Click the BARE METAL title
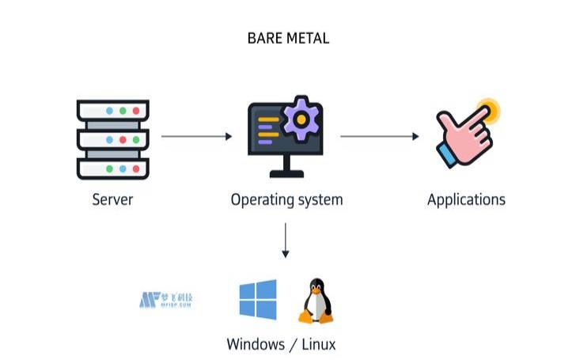[288, 38]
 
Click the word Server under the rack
[112, 199]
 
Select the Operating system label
[286, 199]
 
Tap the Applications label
[466, 199]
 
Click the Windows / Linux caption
[281, 344]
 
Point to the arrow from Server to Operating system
[196, 136]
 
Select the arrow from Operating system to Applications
[379, 136]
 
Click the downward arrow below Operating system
[286, 241]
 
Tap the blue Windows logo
[258, 299]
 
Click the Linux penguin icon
[315, 301]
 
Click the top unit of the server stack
[113, 110]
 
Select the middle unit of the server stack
[113, 139]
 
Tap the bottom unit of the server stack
[113, 169]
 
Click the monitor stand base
[286, 174]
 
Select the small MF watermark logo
[166, 300]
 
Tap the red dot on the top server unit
[136, 110]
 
